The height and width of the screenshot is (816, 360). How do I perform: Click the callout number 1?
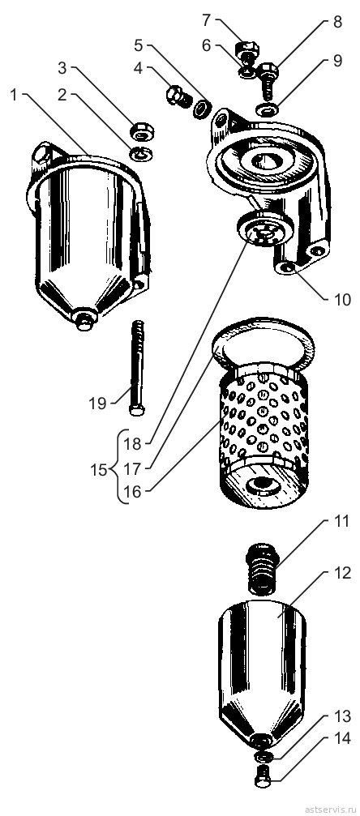(14, 96)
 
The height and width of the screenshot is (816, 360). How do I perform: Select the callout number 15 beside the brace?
(99, 471)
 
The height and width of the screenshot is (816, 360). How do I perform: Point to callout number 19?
(97, 404)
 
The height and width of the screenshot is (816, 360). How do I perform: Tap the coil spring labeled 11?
(262, 569)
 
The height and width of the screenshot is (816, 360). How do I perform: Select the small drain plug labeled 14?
(262, 775)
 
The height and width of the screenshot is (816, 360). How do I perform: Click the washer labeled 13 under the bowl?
(262, 754)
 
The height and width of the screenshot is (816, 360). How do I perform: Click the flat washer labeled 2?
(140, 153)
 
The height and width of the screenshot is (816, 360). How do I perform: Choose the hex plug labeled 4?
(178, 96)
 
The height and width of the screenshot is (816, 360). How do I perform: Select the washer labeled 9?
(267, 110)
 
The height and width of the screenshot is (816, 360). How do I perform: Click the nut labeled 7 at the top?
(247, 50)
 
